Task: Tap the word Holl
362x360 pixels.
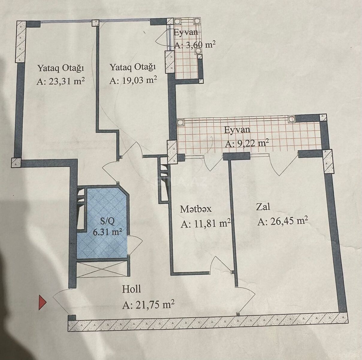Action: [x=131, y=289]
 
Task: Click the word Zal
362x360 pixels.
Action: [x=263, y=207]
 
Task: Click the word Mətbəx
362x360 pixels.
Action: [x=196, y=209]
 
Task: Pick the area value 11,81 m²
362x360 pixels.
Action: [x=206, y=223]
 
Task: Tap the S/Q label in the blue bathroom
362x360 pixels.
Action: [x=107, y=222]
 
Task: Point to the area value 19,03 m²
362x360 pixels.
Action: [x=133, y=80]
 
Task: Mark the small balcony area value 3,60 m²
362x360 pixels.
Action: [x=195, y=45]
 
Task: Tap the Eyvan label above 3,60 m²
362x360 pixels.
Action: [x=186, y=32]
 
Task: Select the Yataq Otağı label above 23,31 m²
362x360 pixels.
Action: [x=61, y=68]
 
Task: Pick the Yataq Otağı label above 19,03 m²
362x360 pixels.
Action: [x=133, y=67]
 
